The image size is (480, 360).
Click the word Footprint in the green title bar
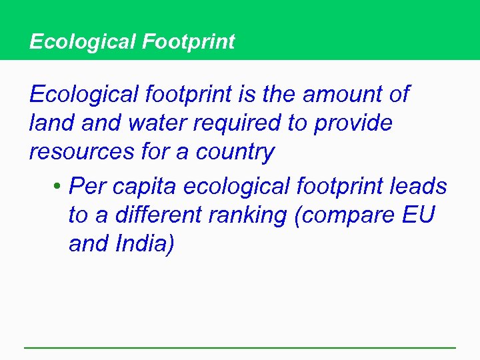click(188, 42)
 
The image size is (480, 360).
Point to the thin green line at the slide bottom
click(240, 347)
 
